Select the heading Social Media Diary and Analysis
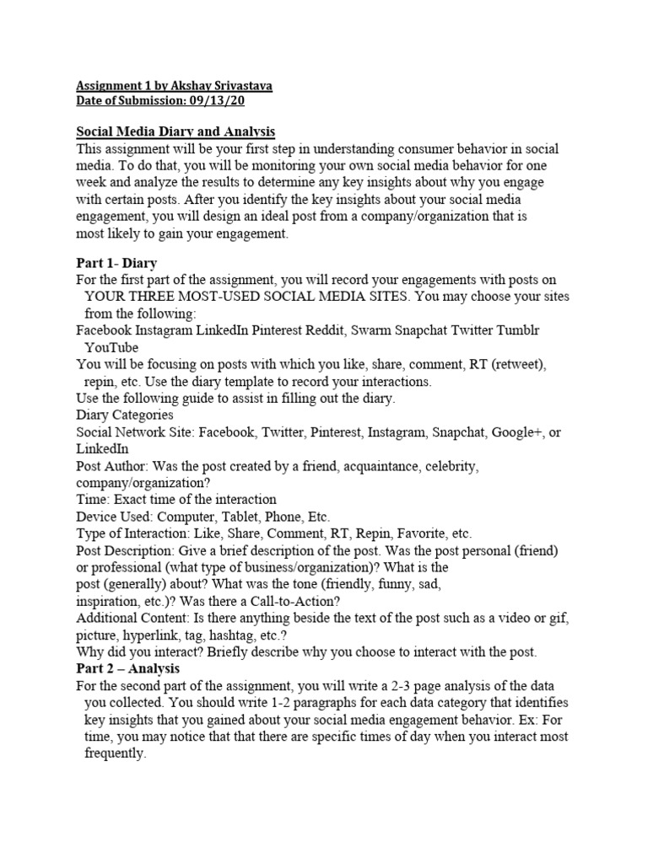click(x=175, y=132)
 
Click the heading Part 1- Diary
click(x=116, y=263)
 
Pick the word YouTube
click(x=111, y=347)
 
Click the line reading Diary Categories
click(x=125, y=415)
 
